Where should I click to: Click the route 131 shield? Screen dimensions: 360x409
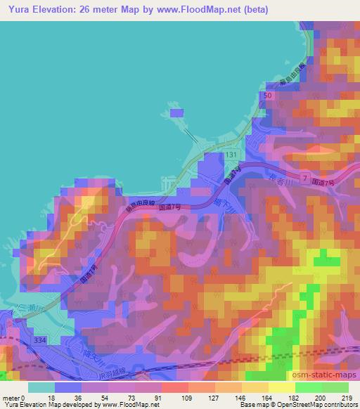pyautogui.click(x=232, y=155)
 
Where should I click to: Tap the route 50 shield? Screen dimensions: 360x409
pyautogui.click(x=266, y=95)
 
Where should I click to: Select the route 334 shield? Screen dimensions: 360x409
pyautogui.click(x=42, y=340)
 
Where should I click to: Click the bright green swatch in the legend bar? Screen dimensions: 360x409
pyautogui.click(x=309, y=387)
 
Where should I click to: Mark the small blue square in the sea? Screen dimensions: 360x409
pyautogui.click(x=176, y=112)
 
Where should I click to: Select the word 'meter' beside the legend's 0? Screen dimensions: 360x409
pyautogui.click(x=13, y=398)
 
